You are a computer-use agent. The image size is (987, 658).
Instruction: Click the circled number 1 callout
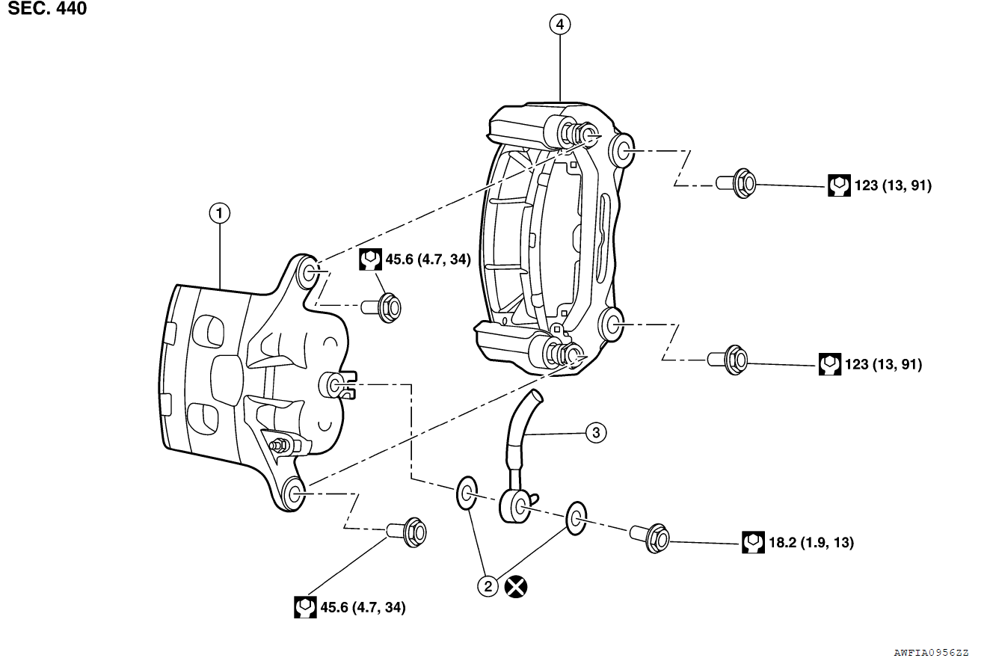click(219, 214)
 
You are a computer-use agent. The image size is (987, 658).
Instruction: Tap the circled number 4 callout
click(559, 25)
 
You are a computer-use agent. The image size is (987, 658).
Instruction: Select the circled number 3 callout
click(595, 432)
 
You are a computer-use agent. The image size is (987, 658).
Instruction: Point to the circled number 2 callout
click(488, 586)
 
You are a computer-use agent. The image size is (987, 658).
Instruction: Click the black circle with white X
click(515, 586)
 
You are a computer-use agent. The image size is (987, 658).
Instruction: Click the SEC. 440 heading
click(47, 9)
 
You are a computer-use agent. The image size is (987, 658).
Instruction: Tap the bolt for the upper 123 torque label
click(737, 182)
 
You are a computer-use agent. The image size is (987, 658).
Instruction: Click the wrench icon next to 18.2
click(753, 542)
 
